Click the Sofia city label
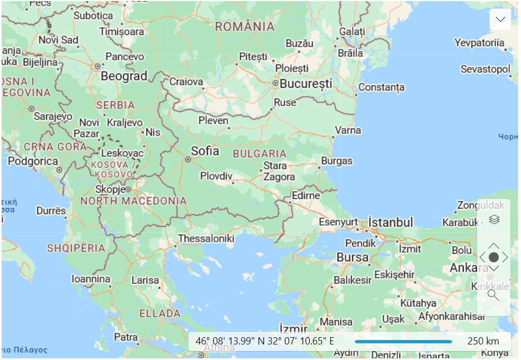[x=205, y=151]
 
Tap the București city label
[x=306, y=84]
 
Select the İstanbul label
[x=391, y=222]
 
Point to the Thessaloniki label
[x=206, y=239]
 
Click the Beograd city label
[x=124, y=76]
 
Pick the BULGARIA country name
[x=260, y=154]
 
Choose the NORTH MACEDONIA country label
[x=133, y=201]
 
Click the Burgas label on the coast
[x=336, y=161]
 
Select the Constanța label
[x=381, y=87]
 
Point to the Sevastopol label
[x=485, y=69]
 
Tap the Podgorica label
[x=32, y=161]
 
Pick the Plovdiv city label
[x=216, y=176]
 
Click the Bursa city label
[x=353, y=258]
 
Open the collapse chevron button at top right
[x=500, y=19]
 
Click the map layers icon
[x=494, y=219]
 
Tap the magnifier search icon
[x=493, y=294]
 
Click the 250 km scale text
[x=483, y=341]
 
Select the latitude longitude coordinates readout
[x=265, y=341]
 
